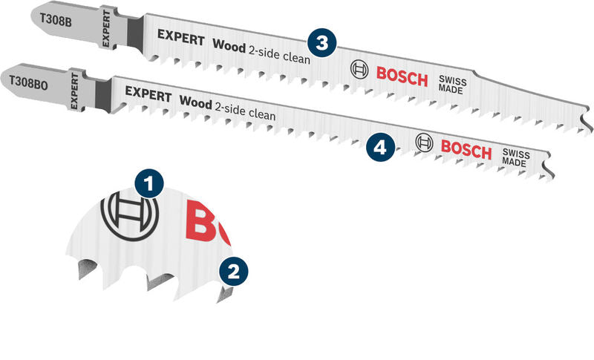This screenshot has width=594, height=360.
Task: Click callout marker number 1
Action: pos(151,182)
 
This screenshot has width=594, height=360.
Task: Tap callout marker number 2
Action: pos(233,271)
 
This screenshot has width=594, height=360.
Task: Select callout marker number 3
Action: pos(320,43)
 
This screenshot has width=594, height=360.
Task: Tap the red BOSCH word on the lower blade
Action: pos(466,148)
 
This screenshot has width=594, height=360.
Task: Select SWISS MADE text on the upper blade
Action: pos(452,84)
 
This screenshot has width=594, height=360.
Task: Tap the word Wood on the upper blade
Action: pos(229,44)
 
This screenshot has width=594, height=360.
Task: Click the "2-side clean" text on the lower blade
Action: pos(245,111)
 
